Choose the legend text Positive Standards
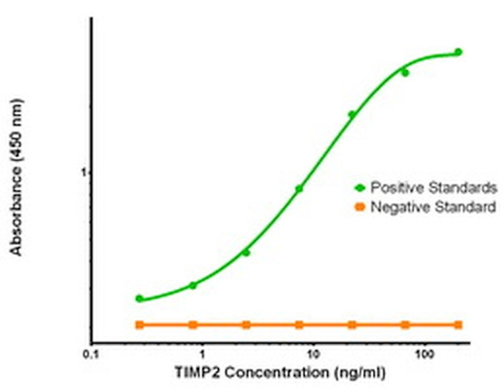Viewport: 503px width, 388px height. pyautogui.click(x=433, y=188)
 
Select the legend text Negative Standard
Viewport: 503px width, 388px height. pyautogui.click(x=433, y=207)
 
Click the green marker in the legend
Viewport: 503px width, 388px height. pyautogui.click(x=360, y=188)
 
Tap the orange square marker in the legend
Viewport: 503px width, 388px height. pyautogui.click(x=360, y=207)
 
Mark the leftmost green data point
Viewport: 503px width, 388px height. pyautogui.click(x=139, y=298)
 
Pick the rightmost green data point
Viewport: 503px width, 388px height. pyautogui.click(x=458, y=53)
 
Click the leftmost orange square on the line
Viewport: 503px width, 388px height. pyautogui.click(x=139, y=325)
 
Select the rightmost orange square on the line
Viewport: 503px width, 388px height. pyautogui.click(x=458, y=325)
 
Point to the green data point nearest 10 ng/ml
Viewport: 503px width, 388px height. pyautogui.click(x=299, y=189)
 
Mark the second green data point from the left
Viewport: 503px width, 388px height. pyautogui.click(x=193, y=285)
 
